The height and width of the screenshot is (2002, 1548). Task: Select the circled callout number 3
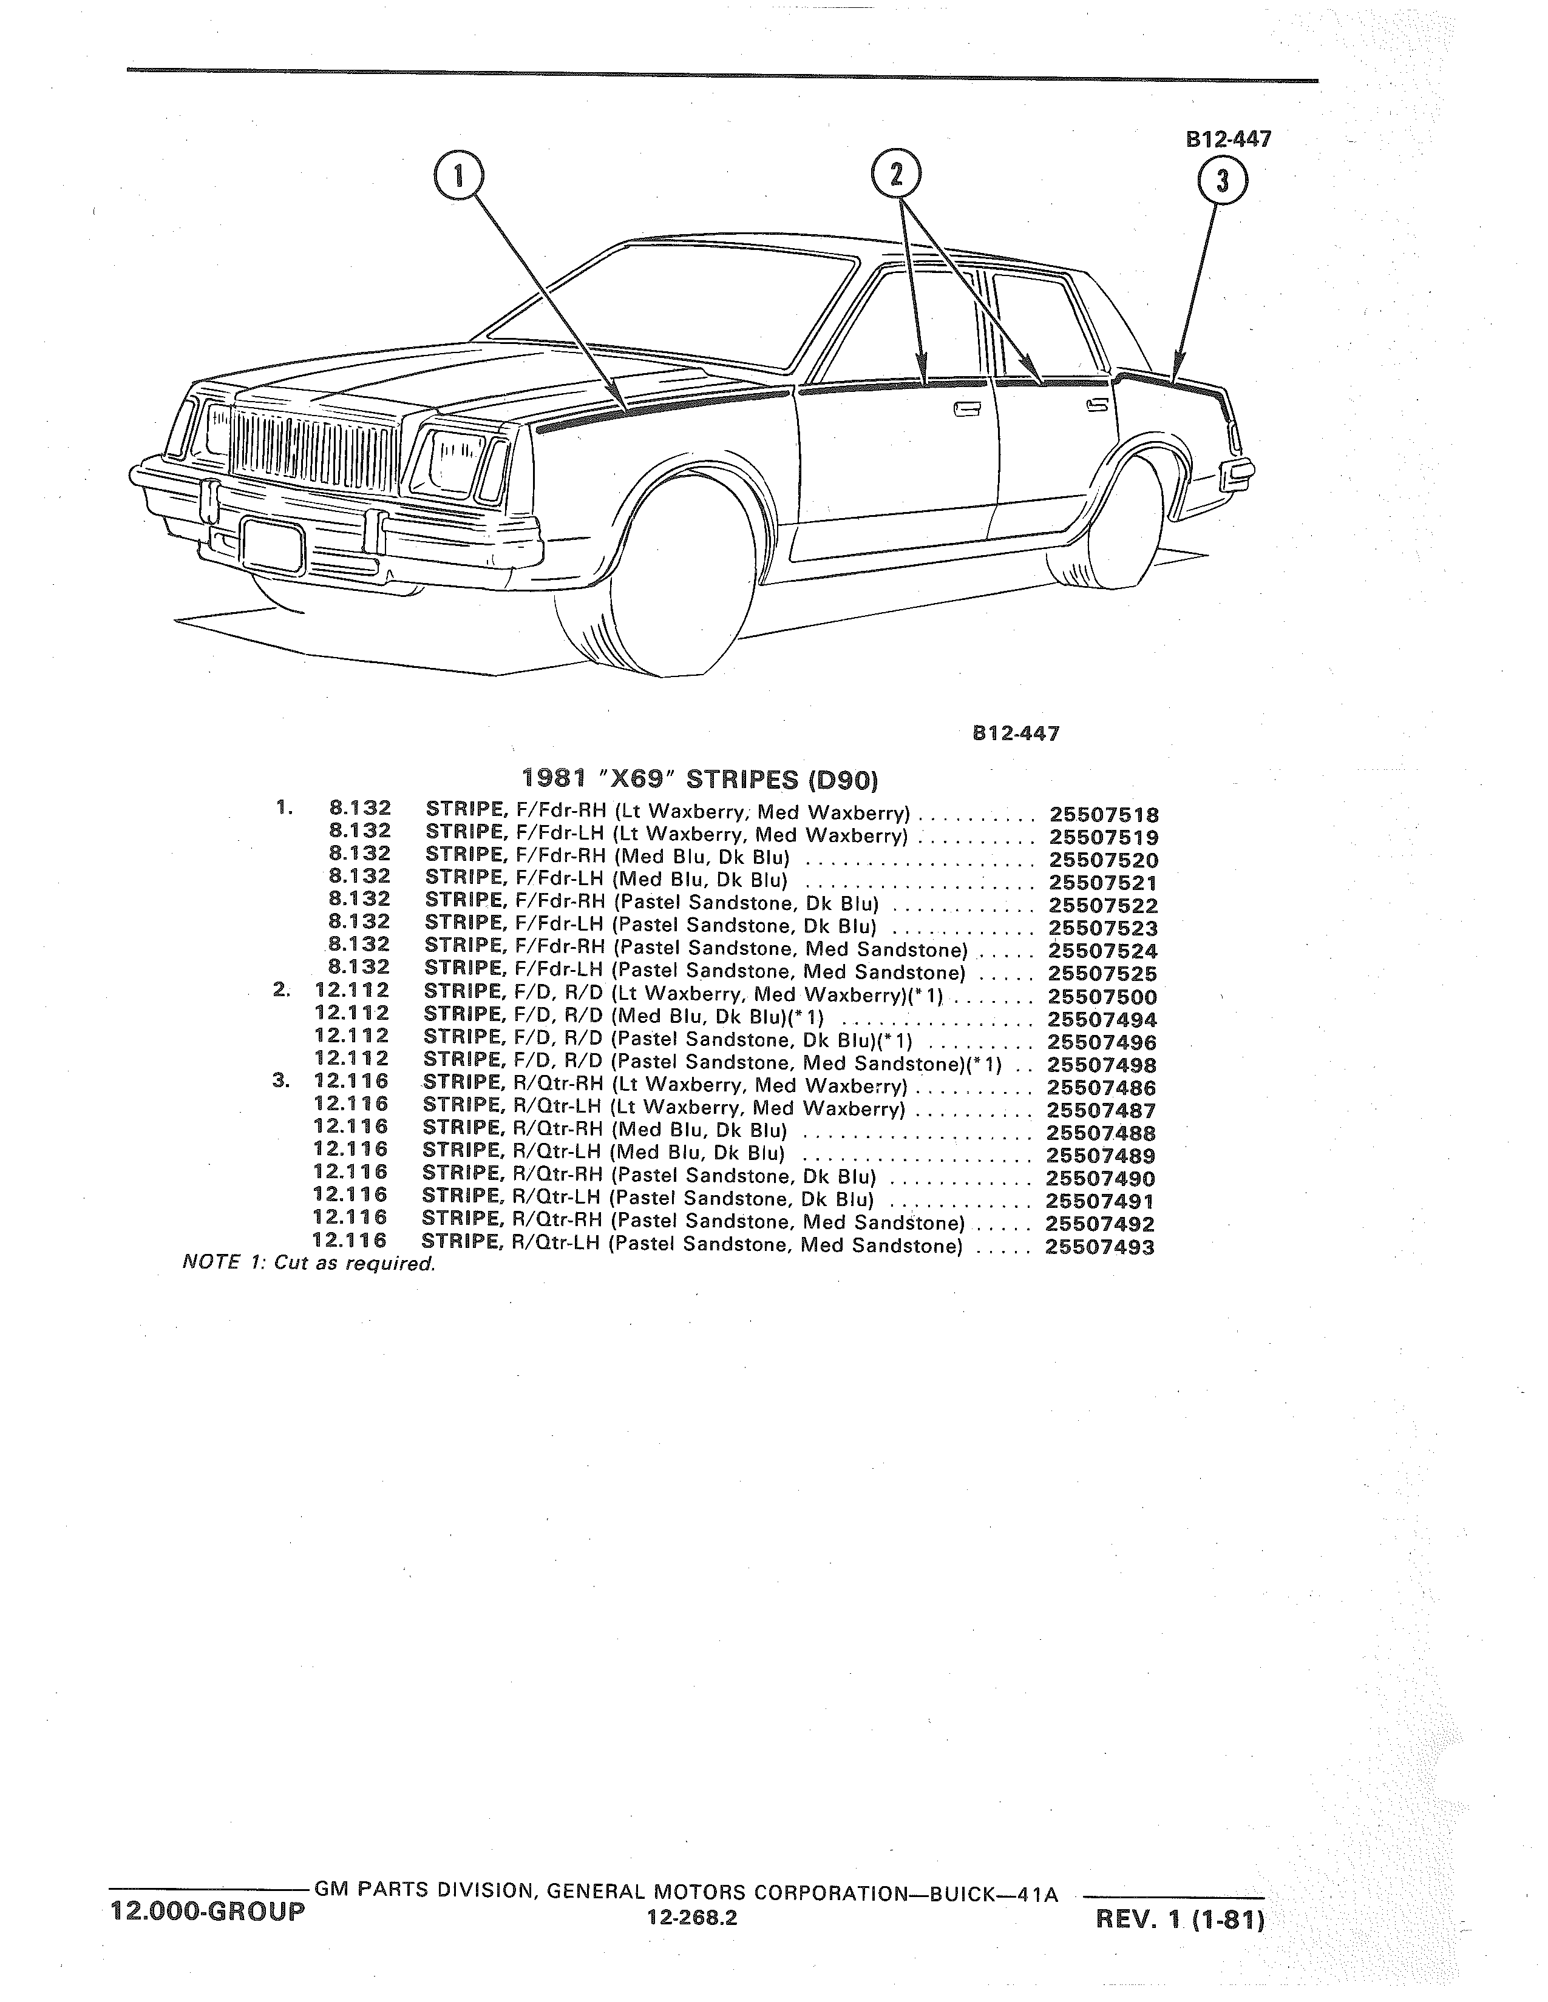pyautogui.click(x=1221, y=181)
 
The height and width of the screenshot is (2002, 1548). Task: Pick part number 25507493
pyautogui.click(x=1099, y=1247)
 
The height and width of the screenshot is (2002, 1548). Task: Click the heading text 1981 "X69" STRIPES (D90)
pyautogui.click(x=700, y=780)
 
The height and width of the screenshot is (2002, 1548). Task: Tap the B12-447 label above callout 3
pyautogui.click(x=1228, y=140)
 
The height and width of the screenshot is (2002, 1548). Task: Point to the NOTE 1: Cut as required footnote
pyautogui.click(x=309, y=1264)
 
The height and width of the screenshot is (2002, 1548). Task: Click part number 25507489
pyautogui.click(x=1101, y=1156)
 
